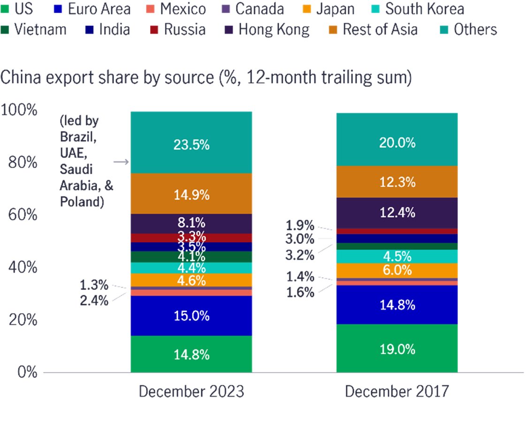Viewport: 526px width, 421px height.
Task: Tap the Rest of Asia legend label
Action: pos(380,30)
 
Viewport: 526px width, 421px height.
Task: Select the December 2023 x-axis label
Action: pos(191,391)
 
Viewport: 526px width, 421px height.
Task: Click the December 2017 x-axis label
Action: pos(397,391)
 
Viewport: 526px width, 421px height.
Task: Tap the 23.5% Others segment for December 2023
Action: pos(191,144)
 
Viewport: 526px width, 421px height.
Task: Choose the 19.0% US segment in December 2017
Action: pos(397,349)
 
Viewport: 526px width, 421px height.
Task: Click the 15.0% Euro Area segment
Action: pos(191,316)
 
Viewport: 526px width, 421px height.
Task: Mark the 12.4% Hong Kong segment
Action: pos(397,213)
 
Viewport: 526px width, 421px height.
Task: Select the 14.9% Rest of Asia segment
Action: pos(191,194)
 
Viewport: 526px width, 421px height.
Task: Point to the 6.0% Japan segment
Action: pos(397,270)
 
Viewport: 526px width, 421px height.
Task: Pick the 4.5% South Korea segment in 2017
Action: pos(397,256)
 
